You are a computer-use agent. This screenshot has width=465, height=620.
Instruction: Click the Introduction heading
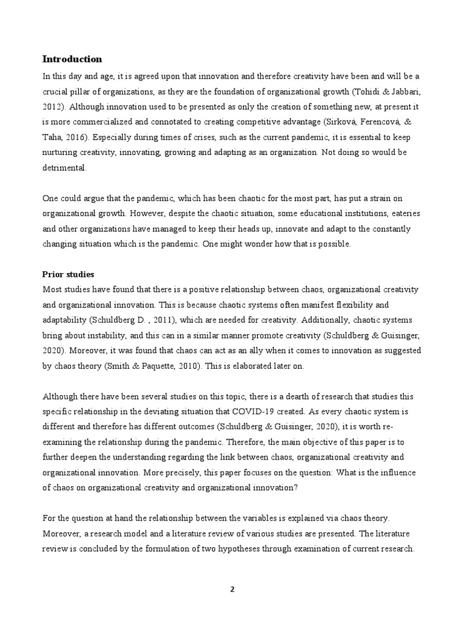[x=72, y=59]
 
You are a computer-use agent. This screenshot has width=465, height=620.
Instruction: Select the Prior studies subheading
[x=68, y=274]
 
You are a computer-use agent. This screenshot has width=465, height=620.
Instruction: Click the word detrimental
[x=64, y=170]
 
